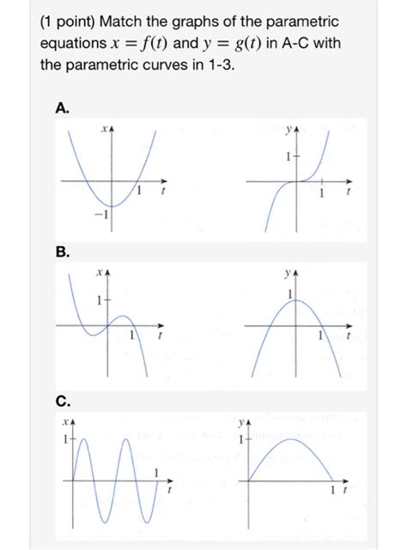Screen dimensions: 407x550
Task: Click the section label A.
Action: [x=62, y=107]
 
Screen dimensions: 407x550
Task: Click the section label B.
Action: [x=62, y=253]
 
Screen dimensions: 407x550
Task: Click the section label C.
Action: [x=62, y=401]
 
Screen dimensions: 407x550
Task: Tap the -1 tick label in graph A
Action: [x=99, y=215]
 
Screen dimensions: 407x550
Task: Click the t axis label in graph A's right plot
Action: [x=348, y=195]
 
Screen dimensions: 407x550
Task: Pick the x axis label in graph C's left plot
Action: [x=66, y=423]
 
